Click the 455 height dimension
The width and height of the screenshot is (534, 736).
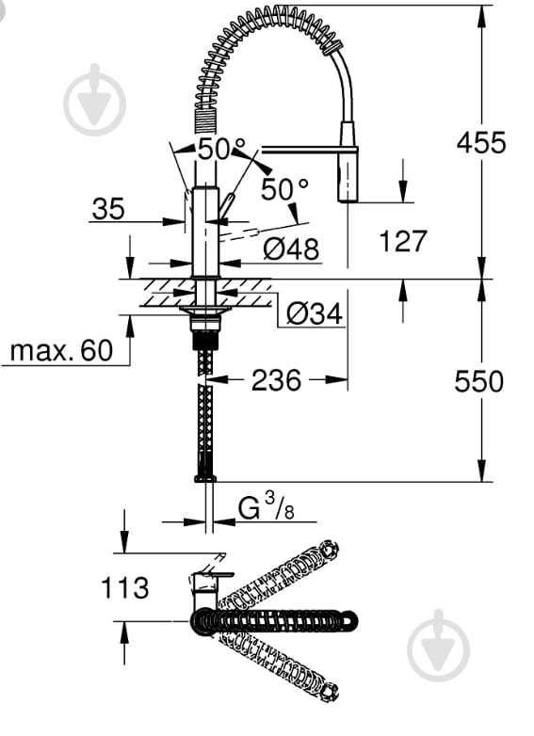tap(480, 142)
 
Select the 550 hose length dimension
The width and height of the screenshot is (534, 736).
tap(479, 381)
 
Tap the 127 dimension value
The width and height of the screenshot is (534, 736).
tap(403, 242)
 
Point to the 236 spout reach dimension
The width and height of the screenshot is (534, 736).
tap(276, 380)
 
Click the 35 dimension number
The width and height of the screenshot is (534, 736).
tap(108, 209)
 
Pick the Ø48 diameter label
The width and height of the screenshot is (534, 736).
tap(291, 249)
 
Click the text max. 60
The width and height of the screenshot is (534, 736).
tap(60, 351)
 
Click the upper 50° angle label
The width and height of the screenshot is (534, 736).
tap(220, 148)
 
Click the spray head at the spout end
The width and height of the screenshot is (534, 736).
tap(348, 177)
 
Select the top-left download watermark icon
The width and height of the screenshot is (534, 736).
tap(94, 100)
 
